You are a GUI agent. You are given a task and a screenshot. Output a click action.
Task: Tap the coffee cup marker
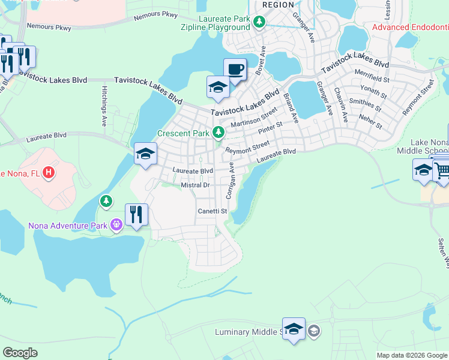click(235, 68)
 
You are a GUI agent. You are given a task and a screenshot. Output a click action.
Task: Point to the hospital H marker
click(50, 173)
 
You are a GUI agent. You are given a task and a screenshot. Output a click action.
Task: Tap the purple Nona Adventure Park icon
click(116, 226)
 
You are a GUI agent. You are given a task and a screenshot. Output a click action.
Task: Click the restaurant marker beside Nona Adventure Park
click(136, 215)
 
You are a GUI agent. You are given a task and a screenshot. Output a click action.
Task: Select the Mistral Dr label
click(194, 186)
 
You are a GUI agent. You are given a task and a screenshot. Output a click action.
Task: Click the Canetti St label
click(212, 211)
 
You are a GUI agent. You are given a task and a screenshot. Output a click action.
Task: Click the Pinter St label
click(270, 128)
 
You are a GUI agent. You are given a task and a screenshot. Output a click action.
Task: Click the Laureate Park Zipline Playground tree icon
click(259, 23)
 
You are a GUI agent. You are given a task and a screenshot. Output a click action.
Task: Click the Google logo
click(20, 353)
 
